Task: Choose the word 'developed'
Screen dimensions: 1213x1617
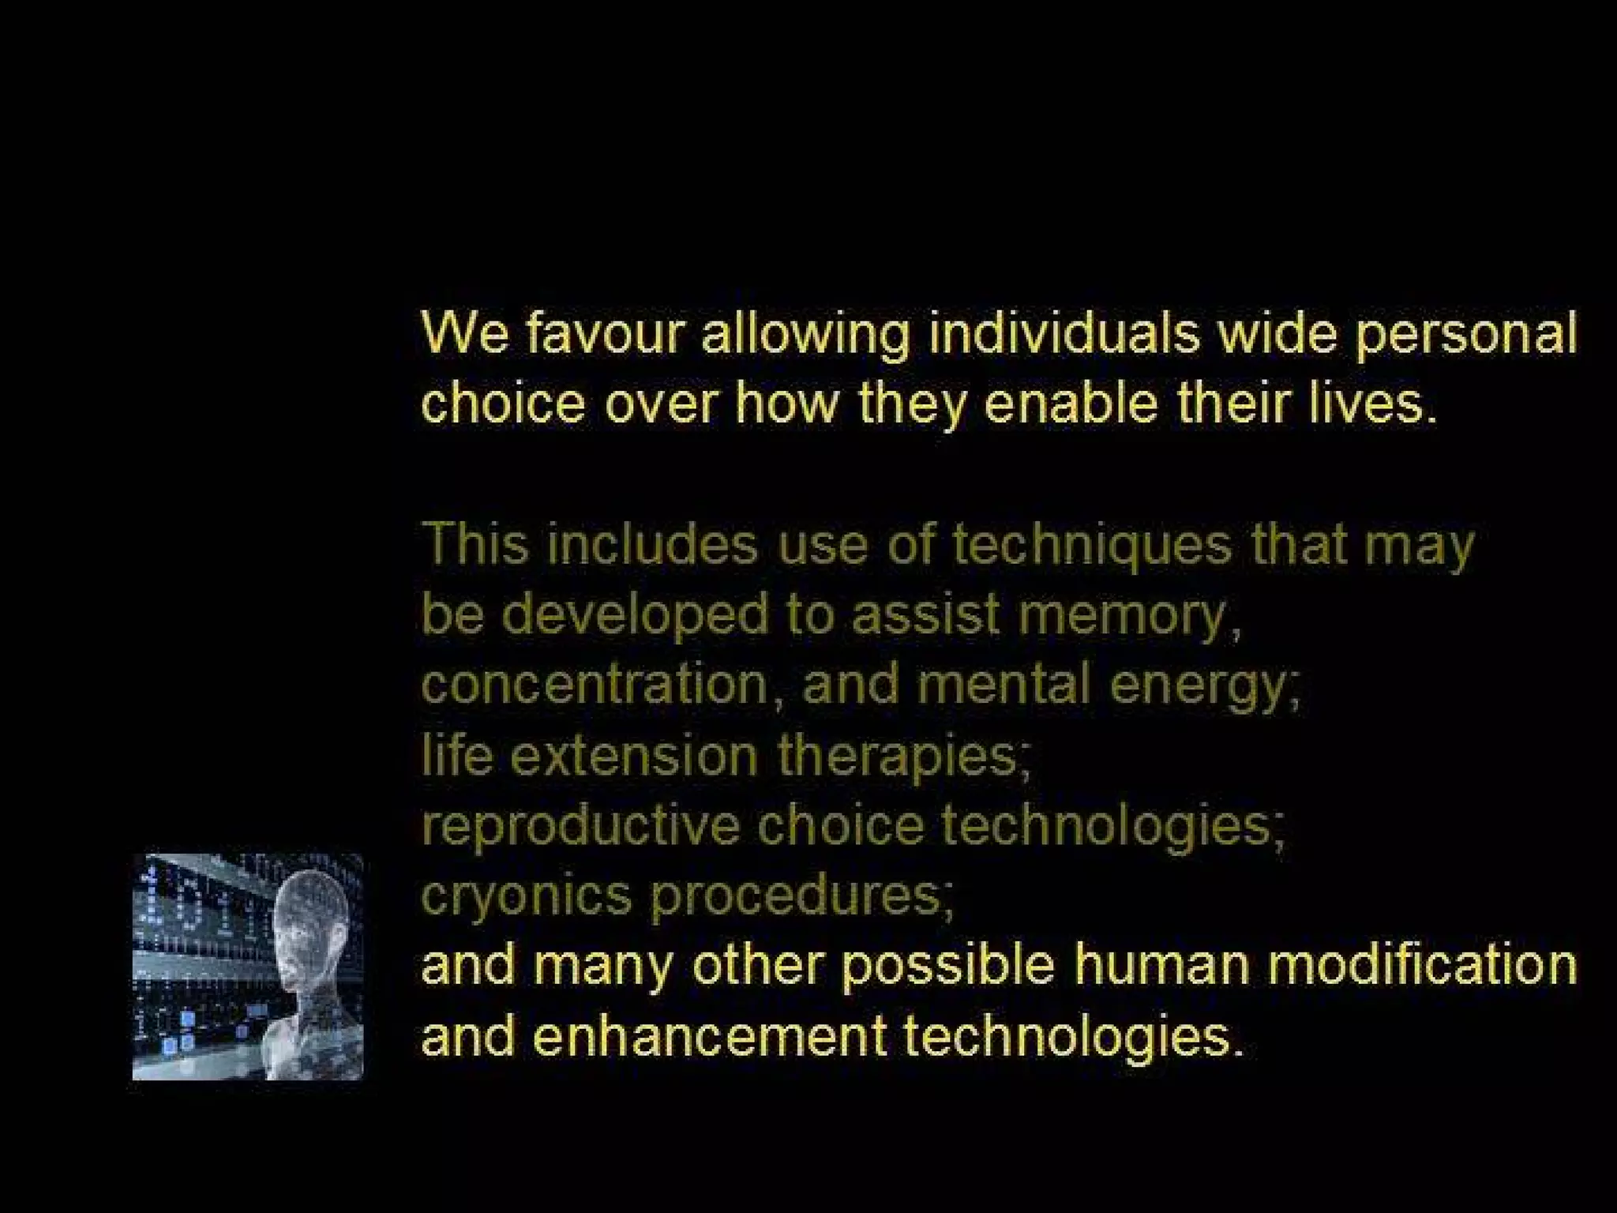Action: [x=635, y=615]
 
